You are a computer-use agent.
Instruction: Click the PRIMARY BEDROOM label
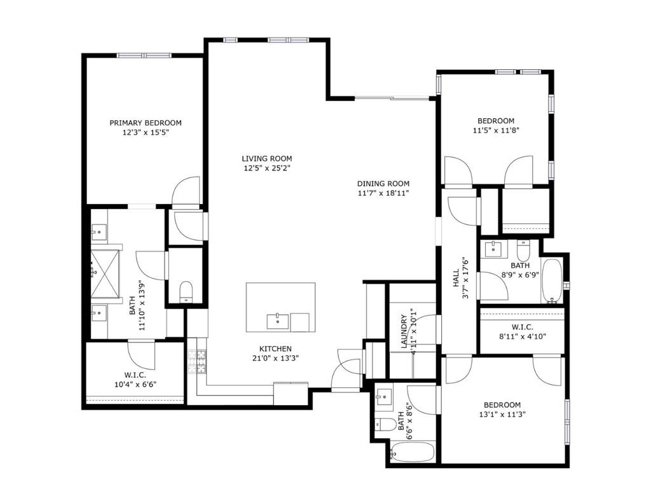point(146,123)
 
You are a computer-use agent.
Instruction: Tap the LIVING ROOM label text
point(267,159)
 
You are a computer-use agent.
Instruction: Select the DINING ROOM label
point(383,184)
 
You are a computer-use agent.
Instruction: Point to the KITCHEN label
point(275,349)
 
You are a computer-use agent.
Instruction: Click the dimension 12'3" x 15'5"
point(146,133)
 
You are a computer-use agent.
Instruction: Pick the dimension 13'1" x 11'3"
point(502,415)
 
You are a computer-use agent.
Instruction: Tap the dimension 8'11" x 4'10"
point(523,337)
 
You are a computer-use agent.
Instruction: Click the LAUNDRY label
point(404,331)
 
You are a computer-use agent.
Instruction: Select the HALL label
point(456,279)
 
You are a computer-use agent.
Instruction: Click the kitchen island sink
point(277,322)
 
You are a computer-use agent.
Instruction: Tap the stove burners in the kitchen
point(197,361)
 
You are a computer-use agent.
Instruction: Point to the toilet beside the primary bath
point(186,292)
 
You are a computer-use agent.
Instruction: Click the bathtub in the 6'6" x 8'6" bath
point(413,451)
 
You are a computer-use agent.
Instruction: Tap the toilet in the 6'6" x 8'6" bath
point(386,425)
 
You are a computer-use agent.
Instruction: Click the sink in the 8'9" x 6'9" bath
point(493,249)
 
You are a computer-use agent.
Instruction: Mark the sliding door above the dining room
point(392,99)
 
